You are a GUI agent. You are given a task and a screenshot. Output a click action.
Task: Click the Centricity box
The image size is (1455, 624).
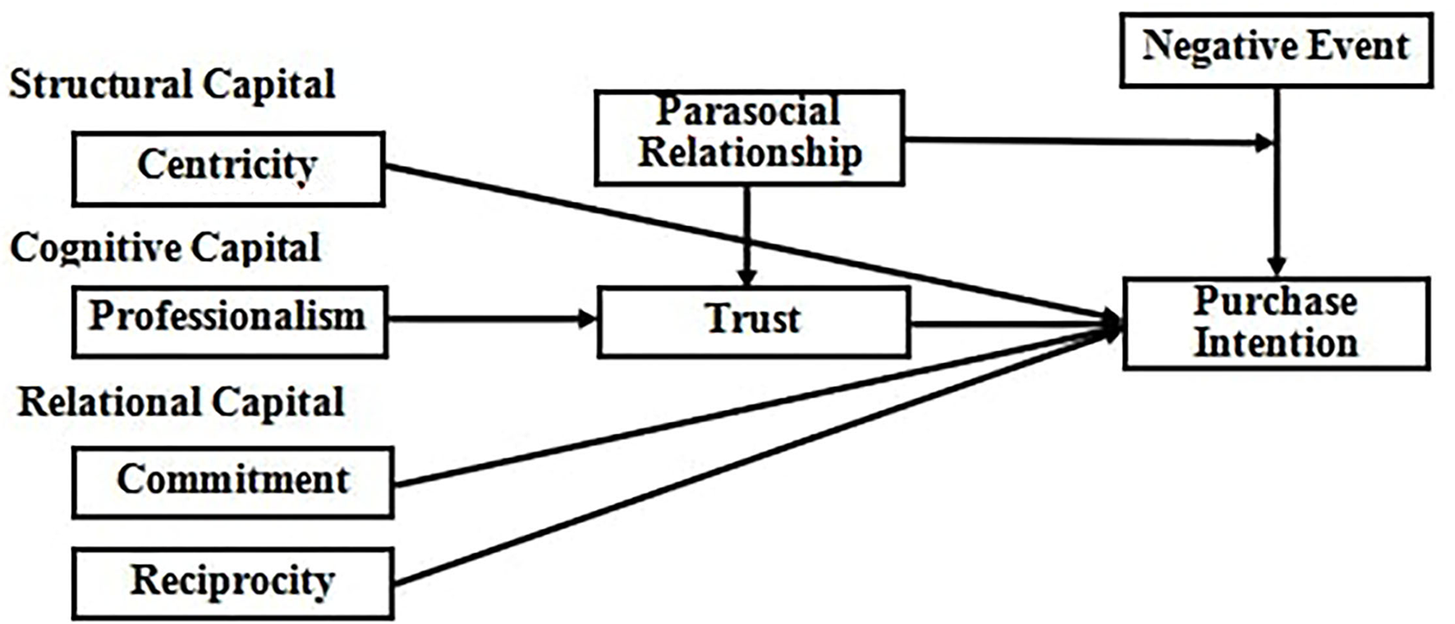coord(228,168)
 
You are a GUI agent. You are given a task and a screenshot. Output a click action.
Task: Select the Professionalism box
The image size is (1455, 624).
coord(229,321)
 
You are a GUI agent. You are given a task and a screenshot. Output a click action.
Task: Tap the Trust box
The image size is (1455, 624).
coord(753,321)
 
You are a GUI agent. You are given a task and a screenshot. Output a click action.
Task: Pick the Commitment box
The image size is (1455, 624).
coord(232,482)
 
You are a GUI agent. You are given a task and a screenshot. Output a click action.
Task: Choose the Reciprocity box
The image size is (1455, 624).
coord(232,583)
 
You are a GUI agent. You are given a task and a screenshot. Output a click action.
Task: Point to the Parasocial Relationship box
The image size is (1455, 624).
coord(749,137)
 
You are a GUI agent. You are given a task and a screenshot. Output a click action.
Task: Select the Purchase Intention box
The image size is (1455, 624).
coord(1275,323)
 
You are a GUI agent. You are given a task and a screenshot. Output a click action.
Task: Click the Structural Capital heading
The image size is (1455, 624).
coord(172,85)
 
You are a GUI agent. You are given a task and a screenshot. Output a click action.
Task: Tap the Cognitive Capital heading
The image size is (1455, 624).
coord(166,248)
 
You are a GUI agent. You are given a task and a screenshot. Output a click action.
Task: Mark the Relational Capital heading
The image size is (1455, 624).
coord(181,402)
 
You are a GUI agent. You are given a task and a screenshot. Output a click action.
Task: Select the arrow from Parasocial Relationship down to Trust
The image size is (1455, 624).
coord(746,234)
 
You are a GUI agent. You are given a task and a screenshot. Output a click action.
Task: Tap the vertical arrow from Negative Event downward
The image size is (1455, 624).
coord(1276,205)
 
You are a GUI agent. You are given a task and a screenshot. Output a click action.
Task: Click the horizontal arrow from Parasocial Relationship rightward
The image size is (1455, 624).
coord(1084,141)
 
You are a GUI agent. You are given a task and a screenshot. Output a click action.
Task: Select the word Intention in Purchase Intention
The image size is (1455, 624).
coord(1275,344)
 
